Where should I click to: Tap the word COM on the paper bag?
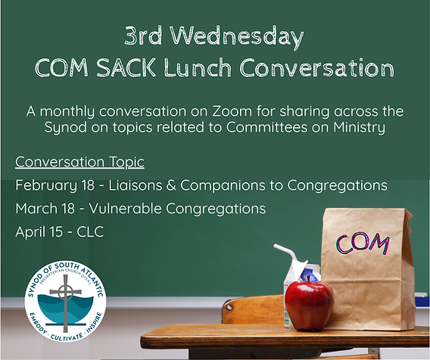pos(363,244)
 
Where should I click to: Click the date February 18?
pos(55,185)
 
